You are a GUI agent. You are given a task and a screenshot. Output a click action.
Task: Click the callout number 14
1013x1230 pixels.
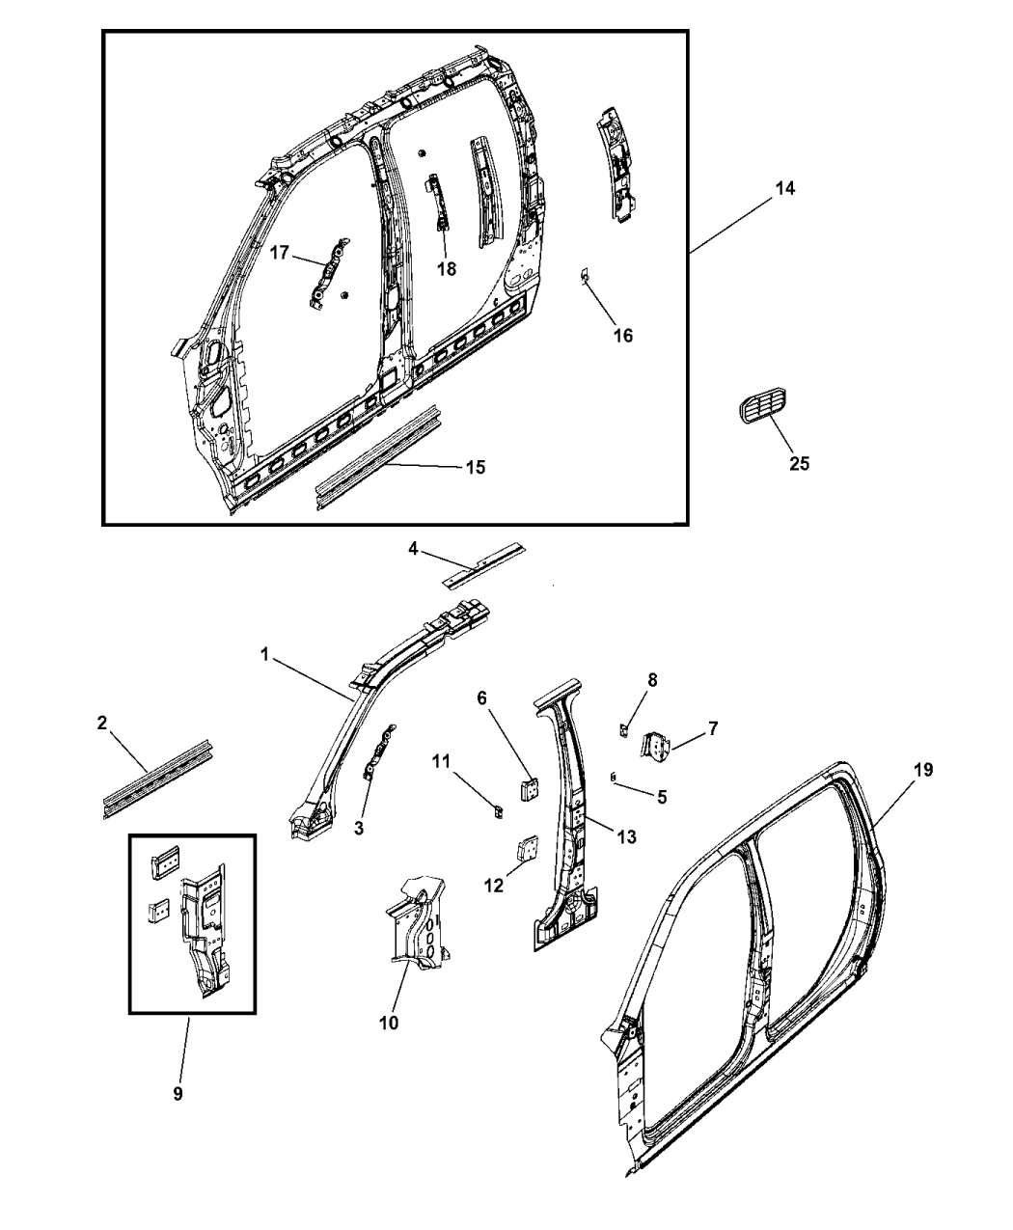pyautogui.click(x=785, y=188)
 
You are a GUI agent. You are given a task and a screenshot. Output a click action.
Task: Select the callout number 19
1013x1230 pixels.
pyautogui.click(x=923, y=770)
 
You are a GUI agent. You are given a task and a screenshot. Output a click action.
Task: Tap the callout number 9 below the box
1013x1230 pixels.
pyautogui.click(x=178, y=1093)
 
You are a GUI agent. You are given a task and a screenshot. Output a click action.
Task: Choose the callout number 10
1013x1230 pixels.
pyautogui.click(x=389, y=1023)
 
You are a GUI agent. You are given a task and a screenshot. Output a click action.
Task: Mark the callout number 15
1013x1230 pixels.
pyautogui.click(x=475, y=468)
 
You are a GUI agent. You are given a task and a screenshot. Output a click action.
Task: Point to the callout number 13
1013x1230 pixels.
pyautogui.click(x=626, y=837)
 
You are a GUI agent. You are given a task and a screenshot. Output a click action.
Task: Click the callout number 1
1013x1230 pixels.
pyautogui.click(x=263, y=655)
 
